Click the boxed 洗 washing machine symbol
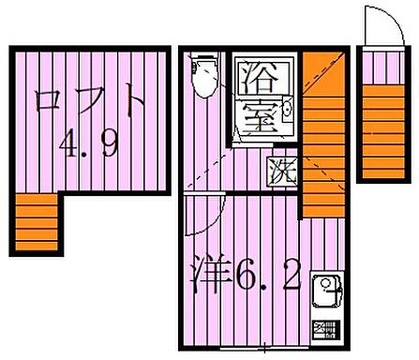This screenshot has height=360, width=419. click(280, 172)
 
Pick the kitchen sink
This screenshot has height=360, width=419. click(324, 291)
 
